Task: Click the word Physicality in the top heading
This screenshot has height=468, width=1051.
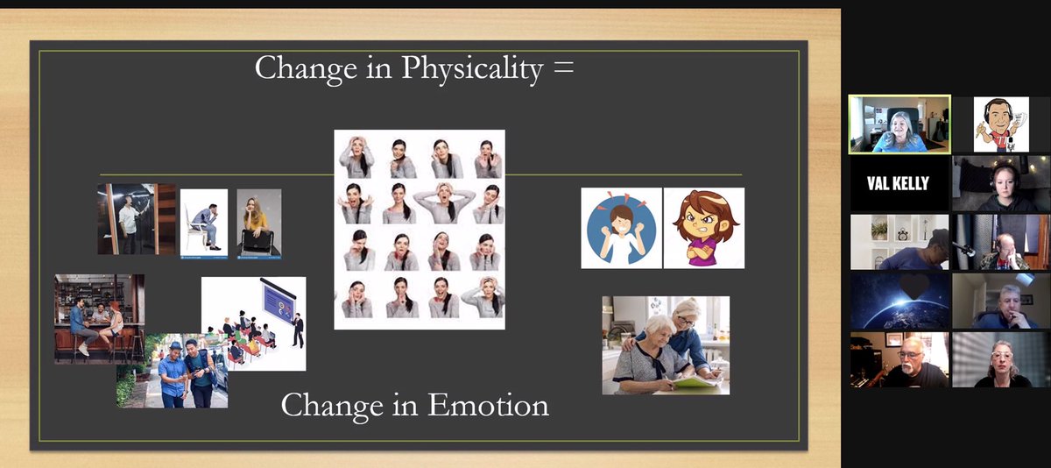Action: pyautogui.click(x=472, y=69)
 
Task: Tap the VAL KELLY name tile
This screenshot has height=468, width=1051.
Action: pyautogui.click(x=899, y=184)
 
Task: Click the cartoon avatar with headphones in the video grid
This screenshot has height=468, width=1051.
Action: pyautogui.click(x=1000, y=124)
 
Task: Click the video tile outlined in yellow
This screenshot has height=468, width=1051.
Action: pyautogui.click(x=899, y=124)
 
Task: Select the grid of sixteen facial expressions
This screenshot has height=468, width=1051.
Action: pyautogui.click(x=419, y=229)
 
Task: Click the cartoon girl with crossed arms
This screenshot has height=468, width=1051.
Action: pyautogui.click(x=703, y=228)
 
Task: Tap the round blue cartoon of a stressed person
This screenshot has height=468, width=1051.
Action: pyautogui.click(x=621, y=228)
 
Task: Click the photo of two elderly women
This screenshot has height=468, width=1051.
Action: pyautogui.click(x=665, y=344)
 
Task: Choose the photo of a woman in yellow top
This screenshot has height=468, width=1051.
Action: pyautogui.click(x=258, y=223)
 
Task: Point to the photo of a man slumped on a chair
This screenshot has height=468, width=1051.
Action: pyautogui.click(x=204, y=223)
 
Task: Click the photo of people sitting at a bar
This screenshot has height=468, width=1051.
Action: pyautogui.click(x=99, y=318)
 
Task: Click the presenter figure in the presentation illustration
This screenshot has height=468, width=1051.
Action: pyautogui.click(x=297, y=330)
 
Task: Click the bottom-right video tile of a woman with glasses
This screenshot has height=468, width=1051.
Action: pyautogui.click(x=1000, y=359)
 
